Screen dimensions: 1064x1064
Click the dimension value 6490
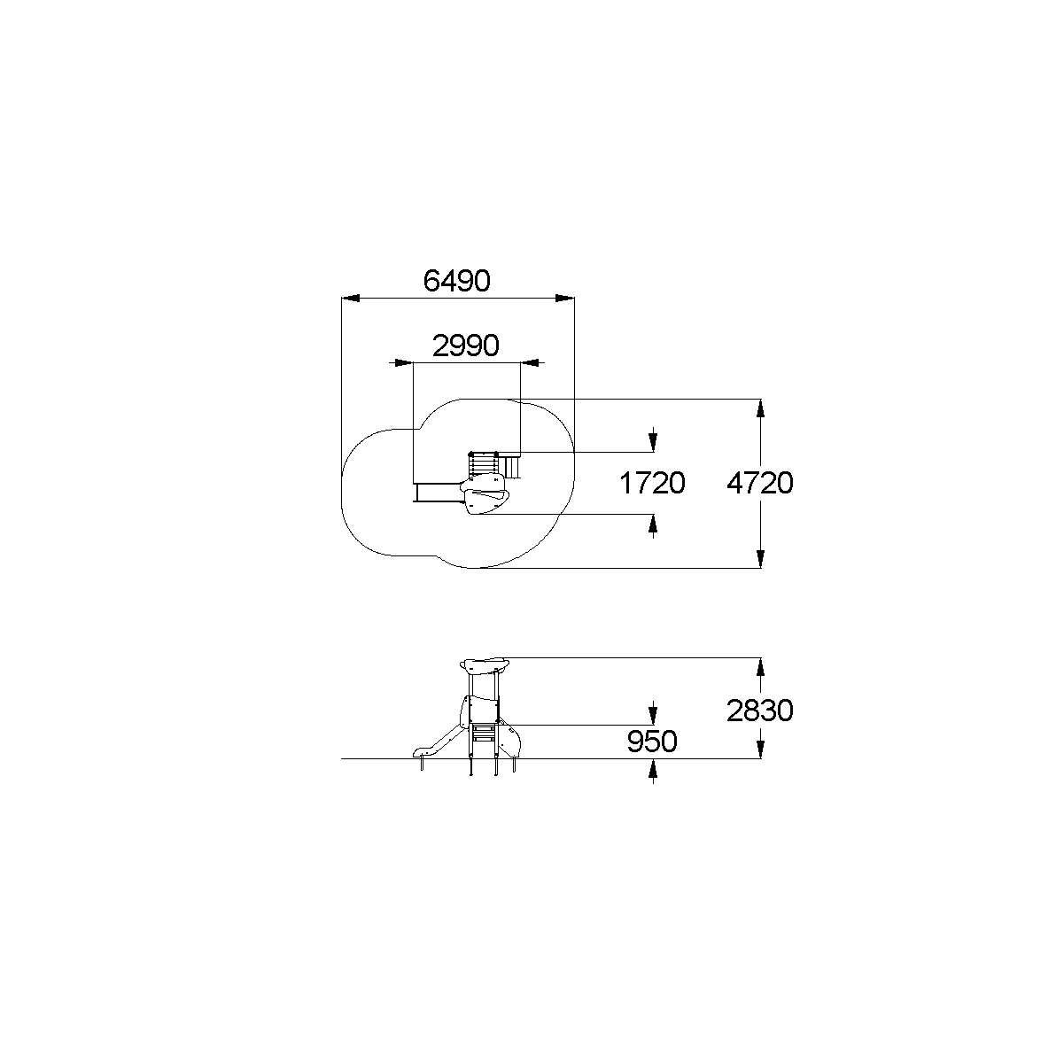(456, 281)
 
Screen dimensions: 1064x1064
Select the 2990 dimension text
(465, 346)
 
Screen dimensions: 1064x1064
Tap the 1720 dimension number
(652, 483)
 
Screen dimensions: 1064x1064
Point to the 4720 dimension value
(760, 483)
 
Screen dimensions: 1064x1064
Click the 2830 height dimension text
(760, 711)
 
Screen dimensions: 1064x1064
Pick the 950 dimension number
(652, 742)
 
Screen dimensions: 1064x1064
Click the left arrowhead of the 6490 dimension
(351, 299)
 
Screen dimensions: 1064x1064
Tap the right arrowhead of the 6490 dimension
(565, 299)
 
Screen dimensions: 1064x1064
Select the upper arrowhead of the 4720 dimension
(760, 408)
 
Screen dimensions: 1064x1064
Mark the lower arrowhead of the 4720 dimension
(760, 559)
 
